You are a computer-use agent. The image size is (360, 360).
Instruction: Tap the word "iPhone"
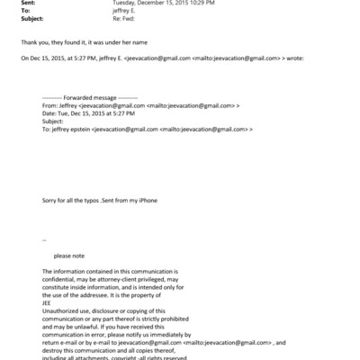click(x=146, y=199)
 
